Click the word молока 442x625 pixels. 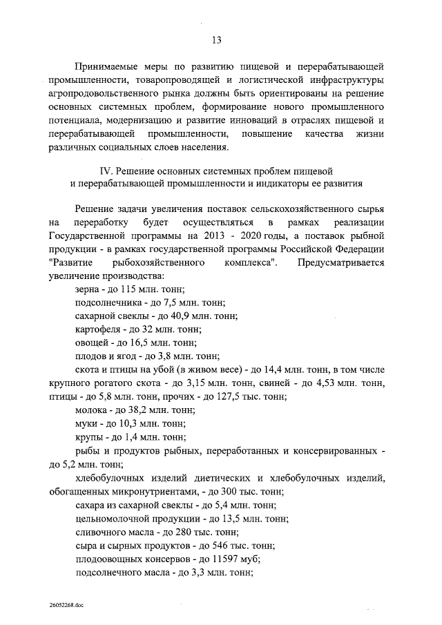(90, 410)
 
